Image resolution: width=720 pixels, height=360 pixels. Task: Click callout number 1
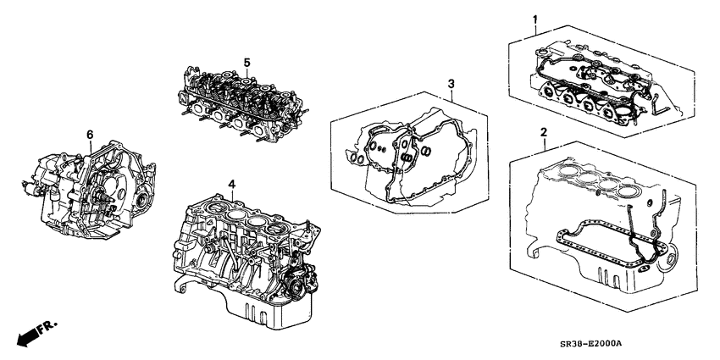pos(534,19)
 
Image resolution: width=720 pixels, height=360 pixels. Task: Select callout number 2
pos(542,132)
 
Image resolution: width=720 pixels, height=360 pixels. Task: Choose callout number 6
pos(90,134)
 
